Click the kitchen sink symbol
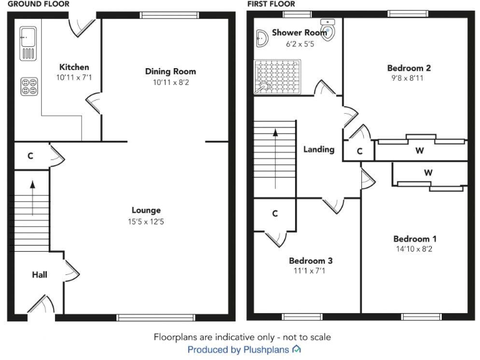click(x=29, y=43)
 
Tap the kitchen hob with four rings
click(x=29, y=86)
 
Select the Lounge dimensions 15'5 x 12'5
click(x=146, y=221)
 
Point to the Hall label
click(x=39, y=274)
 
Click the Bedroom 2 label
click(x=409, y=68)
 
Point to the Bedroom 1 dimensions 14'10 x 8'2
click(x=415, y=249)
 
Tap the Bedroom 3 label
click(x=311, y=261)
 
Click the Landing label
click(x=319, y=149)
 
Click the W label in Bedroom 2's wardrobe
click(x=418, y=150)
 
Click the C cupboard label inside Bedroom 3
click(x=275, y=214)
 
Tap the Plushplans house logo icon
click(x=297, y=349)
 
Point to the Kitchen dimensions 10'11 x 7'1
click(x=74, y=77)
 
